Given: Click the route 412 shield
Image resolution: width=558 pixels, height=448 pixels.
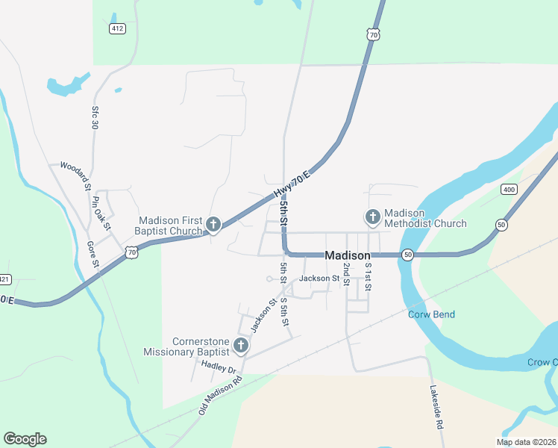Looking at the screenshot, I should [116, 28].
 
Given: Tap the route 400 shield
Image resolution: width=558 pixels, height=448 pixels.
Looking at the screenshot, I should [510, 190].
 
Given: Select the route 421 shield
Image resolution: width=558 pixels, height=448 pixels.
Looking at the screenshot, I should [4, 279].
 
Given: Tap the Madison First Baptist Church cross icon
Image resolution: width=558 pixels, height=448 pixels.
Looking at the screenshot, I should [213, 224].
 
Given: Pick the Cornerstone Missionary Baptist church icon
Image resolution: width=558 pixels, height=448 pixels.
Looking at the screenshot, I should [240, 345].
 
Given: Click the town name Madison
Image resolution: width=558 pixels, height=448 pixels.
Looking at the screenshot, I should [348, 255].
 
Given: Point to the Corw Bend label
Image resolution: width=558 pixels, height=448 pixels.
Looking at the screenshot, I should [431, 314].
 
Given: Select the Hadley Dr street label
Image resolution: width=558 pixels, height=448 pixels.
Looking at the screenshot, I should [219, 367].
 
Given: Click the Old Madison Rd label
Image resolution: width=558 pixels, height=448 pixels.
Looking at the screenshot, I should [221, 394].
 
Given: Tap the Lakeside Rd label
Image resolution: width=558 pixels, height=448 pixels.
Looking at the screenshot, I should [437, 407].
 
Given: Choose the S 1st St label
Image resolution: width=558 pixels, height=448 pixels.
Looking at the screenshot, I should [368, 276].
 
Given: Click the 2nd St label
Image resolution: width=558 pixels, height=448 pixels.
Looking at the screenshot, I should [346, 275].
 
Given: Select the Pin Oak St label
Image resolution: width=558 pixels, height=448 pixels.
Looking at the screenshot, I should [101, 213].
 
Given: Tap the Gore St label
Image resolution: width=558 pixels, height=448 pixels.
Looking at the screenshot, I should [93, 254].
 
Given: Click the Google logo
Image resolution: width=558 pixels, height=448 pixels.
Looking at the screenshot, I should [25, 439].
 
